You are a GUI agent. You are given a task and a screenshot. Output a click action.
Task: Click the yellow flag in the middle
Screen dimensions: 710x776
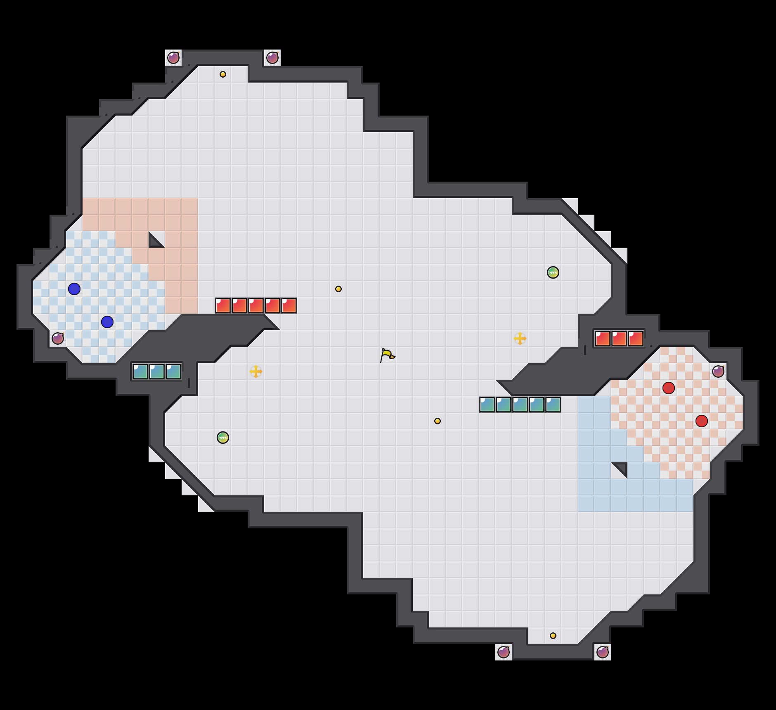(x=387, y=355)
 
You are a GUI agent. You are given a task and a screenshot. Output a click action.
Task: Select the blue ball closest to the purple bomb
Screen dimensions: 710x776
(x=107, y=322)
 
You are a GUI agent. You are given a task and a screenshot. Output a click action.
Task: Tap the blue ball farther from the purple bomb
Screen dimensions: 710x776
(x=74, y=289)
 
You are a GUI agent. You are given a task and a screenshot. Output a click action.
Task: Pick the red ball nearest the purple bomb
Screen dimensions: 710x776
(x=669, y=388)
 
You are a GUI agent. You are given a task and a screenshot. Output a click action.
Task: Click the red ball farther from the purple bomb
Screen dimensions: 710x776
(x=702, y=421)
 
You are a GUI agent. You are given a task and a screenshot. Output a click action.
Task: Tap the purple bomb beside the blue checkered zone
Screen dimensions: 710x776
(x=58, y=338)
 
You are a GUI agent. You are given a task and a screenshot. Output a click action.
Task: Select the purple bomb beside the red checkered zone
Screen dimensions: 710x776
(x=718, y=372)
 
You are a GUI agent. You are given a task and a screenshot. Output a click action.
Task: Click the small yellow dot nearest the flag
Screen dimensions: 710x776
(x=338, y=289)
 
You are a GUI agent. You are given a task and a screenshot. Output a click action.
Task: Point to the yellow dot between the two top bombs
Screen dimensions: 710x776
(x=223, y=74)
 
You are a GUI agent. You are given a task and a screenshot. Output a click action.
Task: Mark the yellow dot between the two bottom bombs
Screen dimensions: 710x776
(x=553, y=636)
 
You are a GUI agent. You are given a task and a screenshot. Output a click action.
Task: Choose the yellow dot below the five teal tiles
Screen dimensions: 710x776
(x=438, y=421)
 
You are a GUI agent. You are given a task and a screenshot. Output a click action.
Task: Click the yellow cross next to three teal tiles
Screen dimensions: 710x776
(x=256, y=372)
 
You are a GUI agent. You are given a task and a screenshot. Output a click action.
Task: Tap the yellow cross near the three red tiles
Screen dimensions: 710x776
(x=520, y=338)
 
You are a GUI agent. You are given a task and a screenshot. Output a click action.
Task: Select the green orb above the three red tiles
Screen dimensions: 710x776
(x=553, y=272)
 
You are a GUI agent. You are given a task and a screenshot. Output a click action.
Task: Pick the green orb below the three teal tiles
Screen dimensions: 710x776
(x=223, y=438)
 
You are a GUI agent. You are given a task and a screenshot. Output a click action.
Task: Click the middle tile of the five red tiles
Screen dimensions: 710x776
(x=256, y=305)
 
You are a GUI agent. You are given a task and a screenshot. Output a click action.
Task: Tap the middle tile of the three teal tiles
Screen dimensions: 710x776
(x=157, y=372)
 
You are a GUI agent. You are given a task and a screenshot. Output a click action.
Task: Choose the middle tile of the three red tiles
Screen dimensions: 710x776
(x=619, y=338)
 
